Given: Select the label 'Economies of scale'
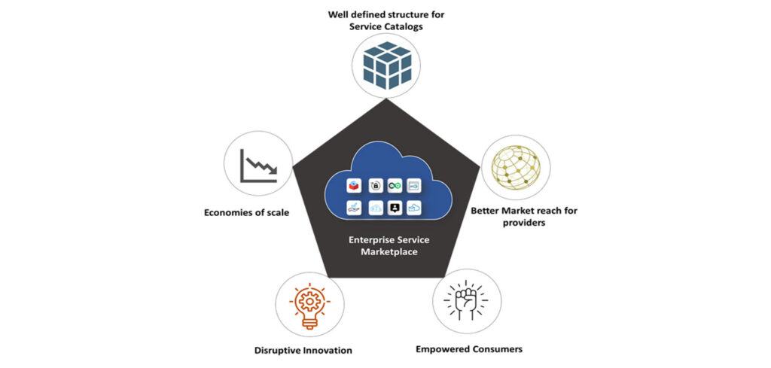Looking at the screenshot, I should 246,212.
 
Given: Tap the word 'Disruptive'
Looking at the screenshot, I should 279,350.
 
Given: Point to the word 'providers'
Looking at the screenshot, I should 526,224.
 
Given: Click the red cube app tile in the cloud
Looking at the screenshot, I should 354,184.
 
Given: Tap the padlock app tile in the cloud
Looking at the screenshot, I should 374,184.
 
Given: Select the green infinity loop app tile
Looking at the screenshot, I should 395,184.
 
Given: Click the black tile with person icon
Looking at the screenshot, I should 395,208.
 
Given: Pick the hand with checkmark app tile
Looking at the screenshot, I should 354,208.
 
